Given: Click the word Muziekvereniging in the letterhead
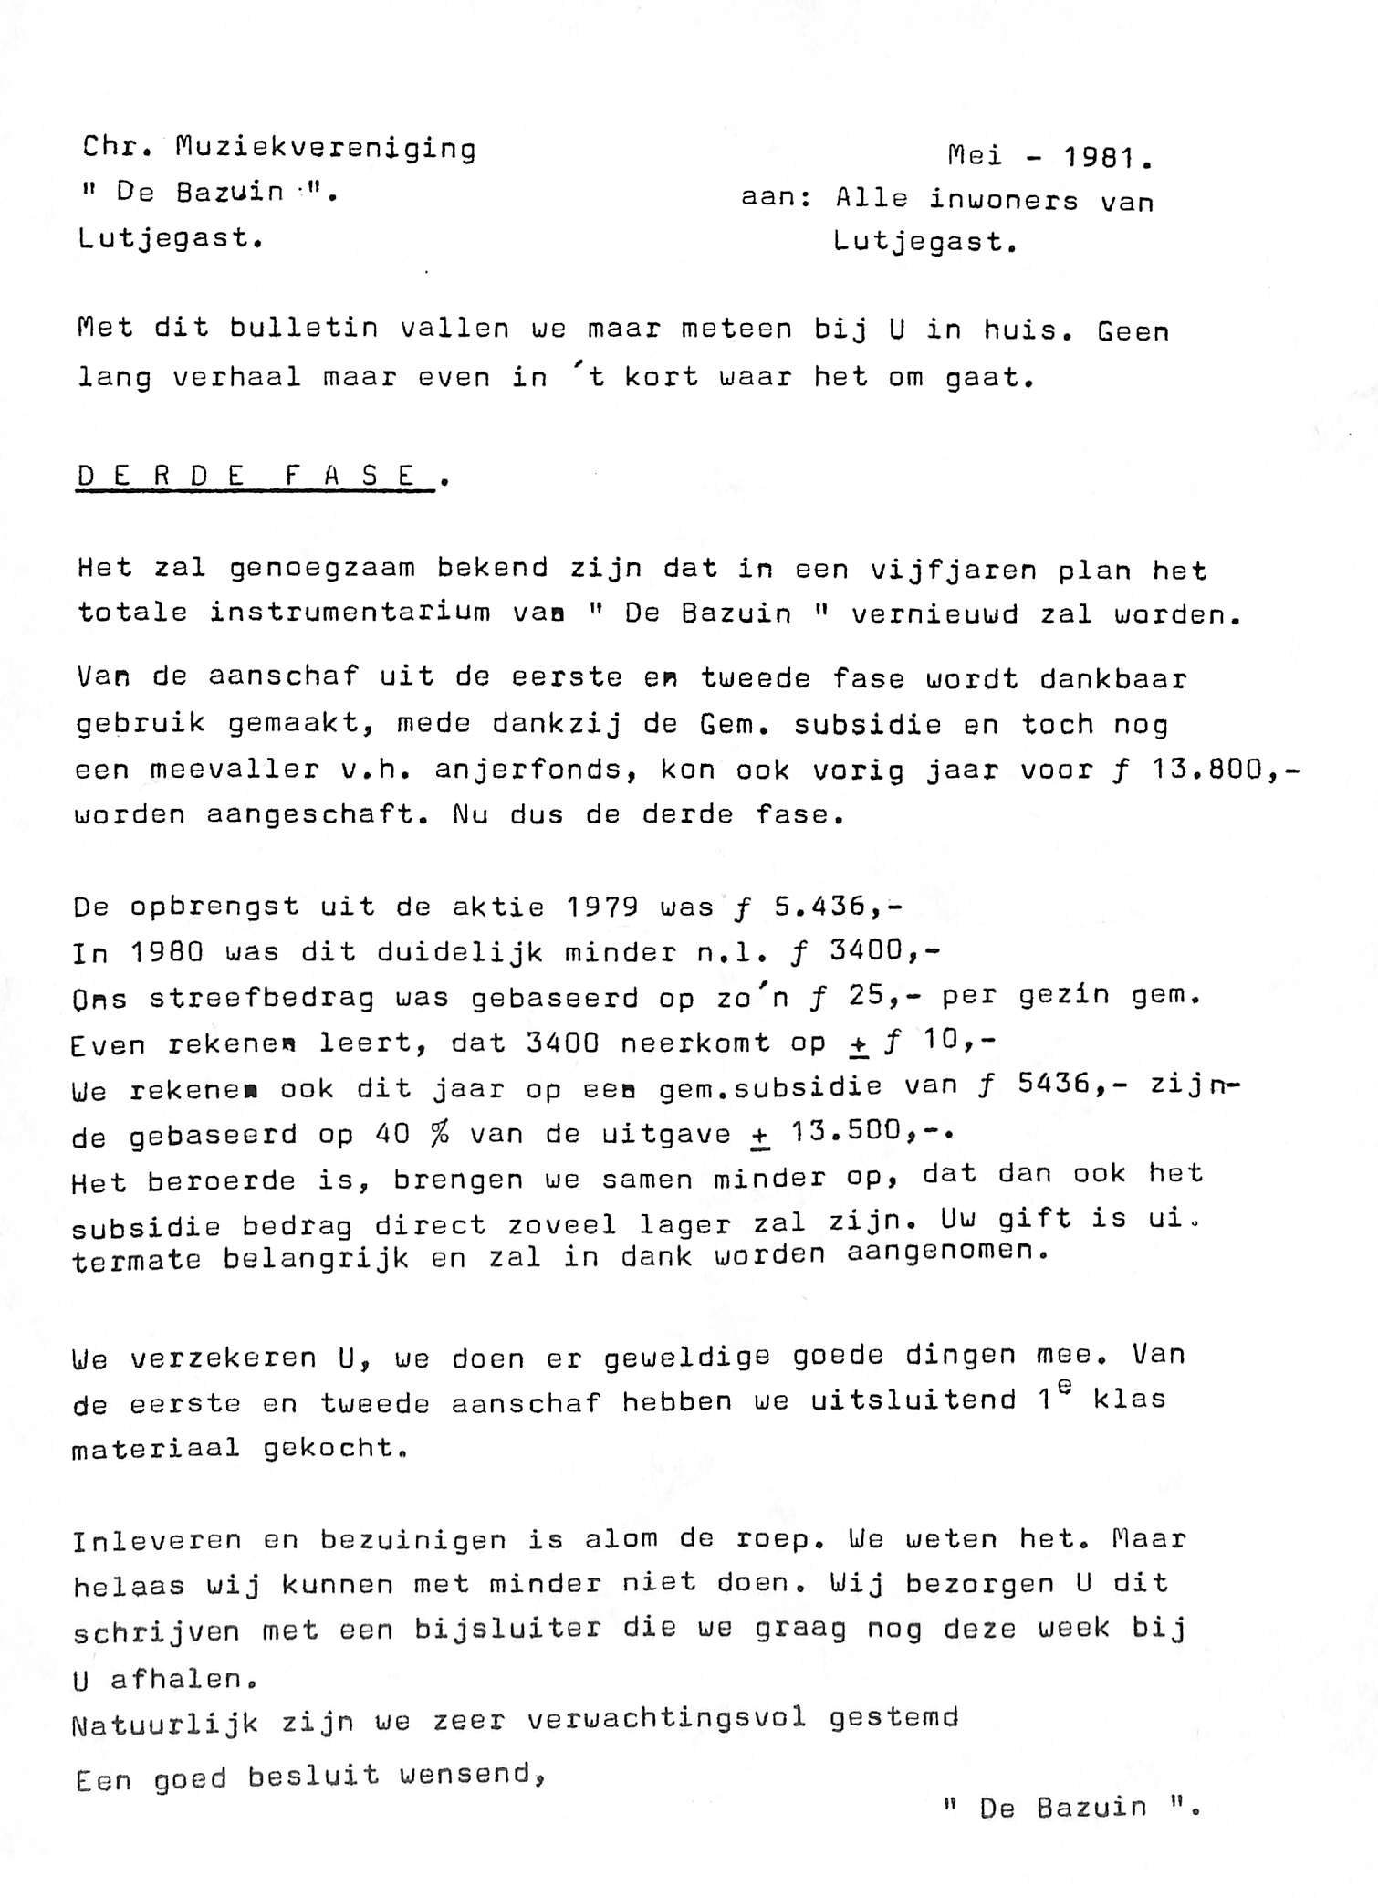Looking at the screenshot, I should [x=326, y=148].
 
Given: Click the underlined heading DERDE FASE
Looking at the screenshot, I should [x=255, y=477].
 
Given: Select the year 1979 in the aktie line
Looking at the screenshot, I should [x=601, y=907].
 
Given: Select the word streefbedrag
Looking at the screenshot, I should [x=262, y=998].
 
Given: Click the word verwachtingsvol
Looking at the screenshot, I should [x=667, y=1720].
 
